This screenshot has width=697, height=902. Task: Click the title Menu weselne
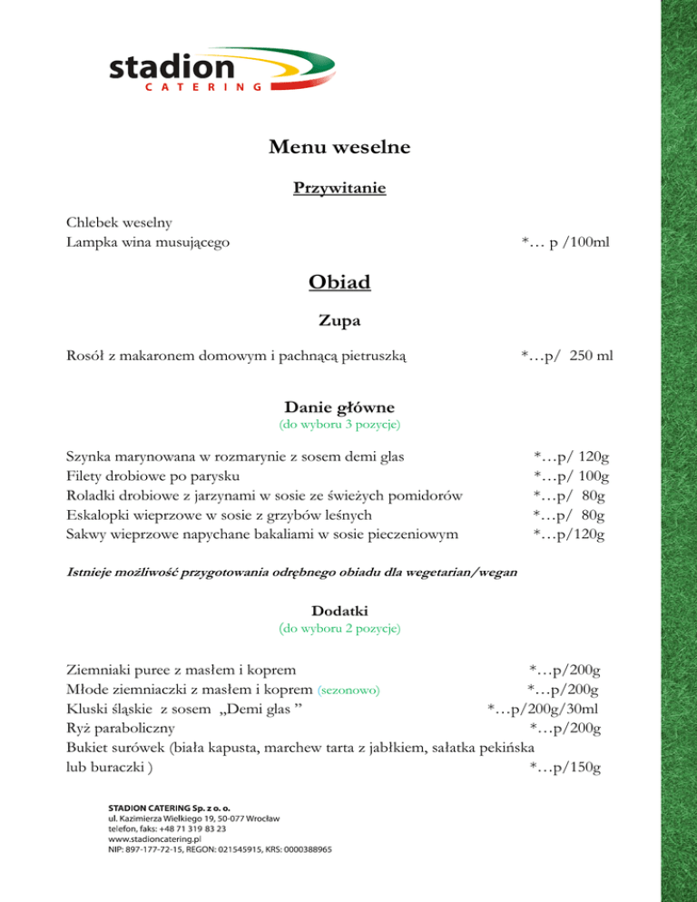coord(339,145)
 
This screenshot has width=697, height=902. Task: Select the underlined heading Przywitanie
coord(339,189)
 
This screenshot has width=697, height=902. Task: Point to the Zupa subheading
coord(339,319)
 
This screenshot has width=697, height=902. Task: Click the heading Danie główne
coord(339,407)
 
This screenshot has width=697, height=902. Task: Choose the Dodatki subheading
coord(339,612)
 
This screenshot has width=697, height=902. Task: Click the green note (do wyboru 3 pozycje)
coord(339,424)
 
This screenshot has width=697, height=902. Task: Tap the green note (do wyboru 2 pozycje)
coord(339,628)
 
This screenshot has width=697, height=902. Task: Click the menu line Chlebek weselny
coord(120,222)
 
